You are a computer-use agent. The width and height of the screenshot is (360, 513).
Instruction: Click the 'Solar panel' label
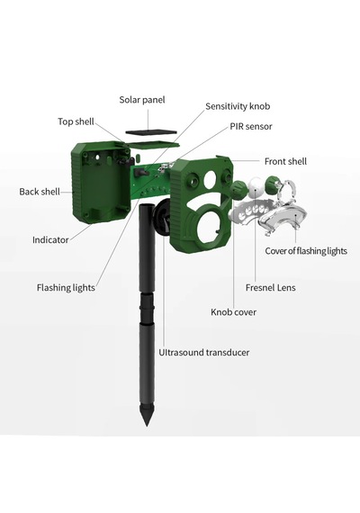[142, 100]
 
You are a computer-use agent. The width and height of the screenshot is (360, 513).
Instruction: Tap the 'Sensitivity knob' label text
[238, 106]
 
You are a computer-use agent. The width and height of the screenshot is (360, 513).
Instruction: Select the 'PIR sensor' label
[251, 127]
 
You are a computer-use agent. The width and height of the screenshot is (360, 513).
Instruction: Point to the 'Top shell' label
[76, 121]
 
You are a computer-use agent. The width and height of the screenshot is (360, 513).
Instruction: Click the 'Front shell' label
[285, 162]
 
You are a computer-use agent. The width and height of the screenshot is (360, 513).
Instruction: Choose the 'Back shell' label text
[40, 192]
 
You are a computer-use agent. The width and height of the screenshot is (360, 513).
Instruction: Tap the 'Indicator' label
[50, 239]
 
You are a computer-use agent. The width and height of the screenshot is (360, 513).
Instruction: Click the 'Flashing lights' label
[66, 288]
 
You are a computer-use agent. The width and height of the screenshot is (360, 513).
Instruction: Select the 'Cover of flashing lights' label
[306, 251]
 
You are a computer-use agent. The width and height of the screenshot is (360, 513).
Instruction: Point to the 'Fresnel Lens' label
[270, 288]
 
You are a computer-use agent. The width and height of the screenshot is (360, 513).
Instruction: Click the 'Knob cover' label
[233, 312]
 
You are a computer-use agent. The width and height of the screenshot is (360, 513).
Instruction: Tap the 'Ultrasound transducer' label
[204, 353]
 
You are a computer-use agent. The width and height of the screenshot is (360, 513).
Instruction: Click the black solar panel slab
[151, 132]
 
